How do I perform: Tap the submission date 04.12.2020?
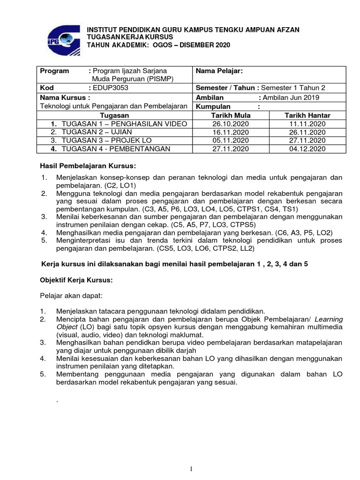[307, 149]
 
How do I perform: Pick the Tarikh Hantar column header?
[307, 115]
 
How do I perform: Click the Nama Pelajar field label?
[219, 71]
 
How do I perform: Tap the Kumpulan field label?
[215, 106]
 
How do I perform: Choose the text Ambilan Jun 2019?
[291, 97]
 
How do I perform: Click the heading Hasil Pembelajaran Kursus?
[88, 166]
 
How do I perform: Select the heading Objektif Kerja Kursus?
[75, 280]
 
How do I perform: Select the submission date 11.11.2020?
[307, 123]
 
